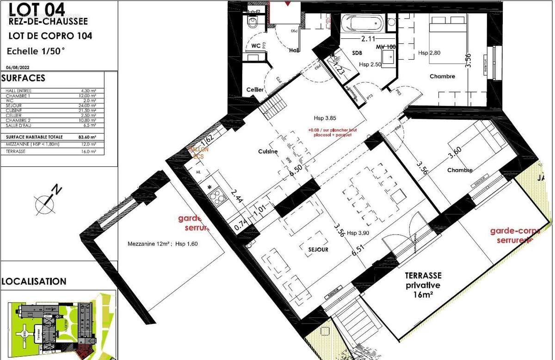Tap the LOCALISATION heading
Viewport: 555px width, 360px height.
coord(34,281)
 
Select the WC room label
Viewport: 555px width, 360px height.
coord(256,46)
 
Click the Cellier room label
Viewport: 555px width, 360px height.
coord(255,90)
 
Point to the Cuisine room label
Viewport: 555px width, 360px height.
coord(268,152)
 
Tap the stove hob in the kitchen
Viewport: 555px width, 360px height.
coord(217,198)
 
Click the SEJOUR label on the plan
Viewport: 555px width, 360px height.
coord(318,250)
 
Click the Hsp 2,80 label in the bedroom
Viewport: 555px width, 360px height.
coord(429,53)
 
